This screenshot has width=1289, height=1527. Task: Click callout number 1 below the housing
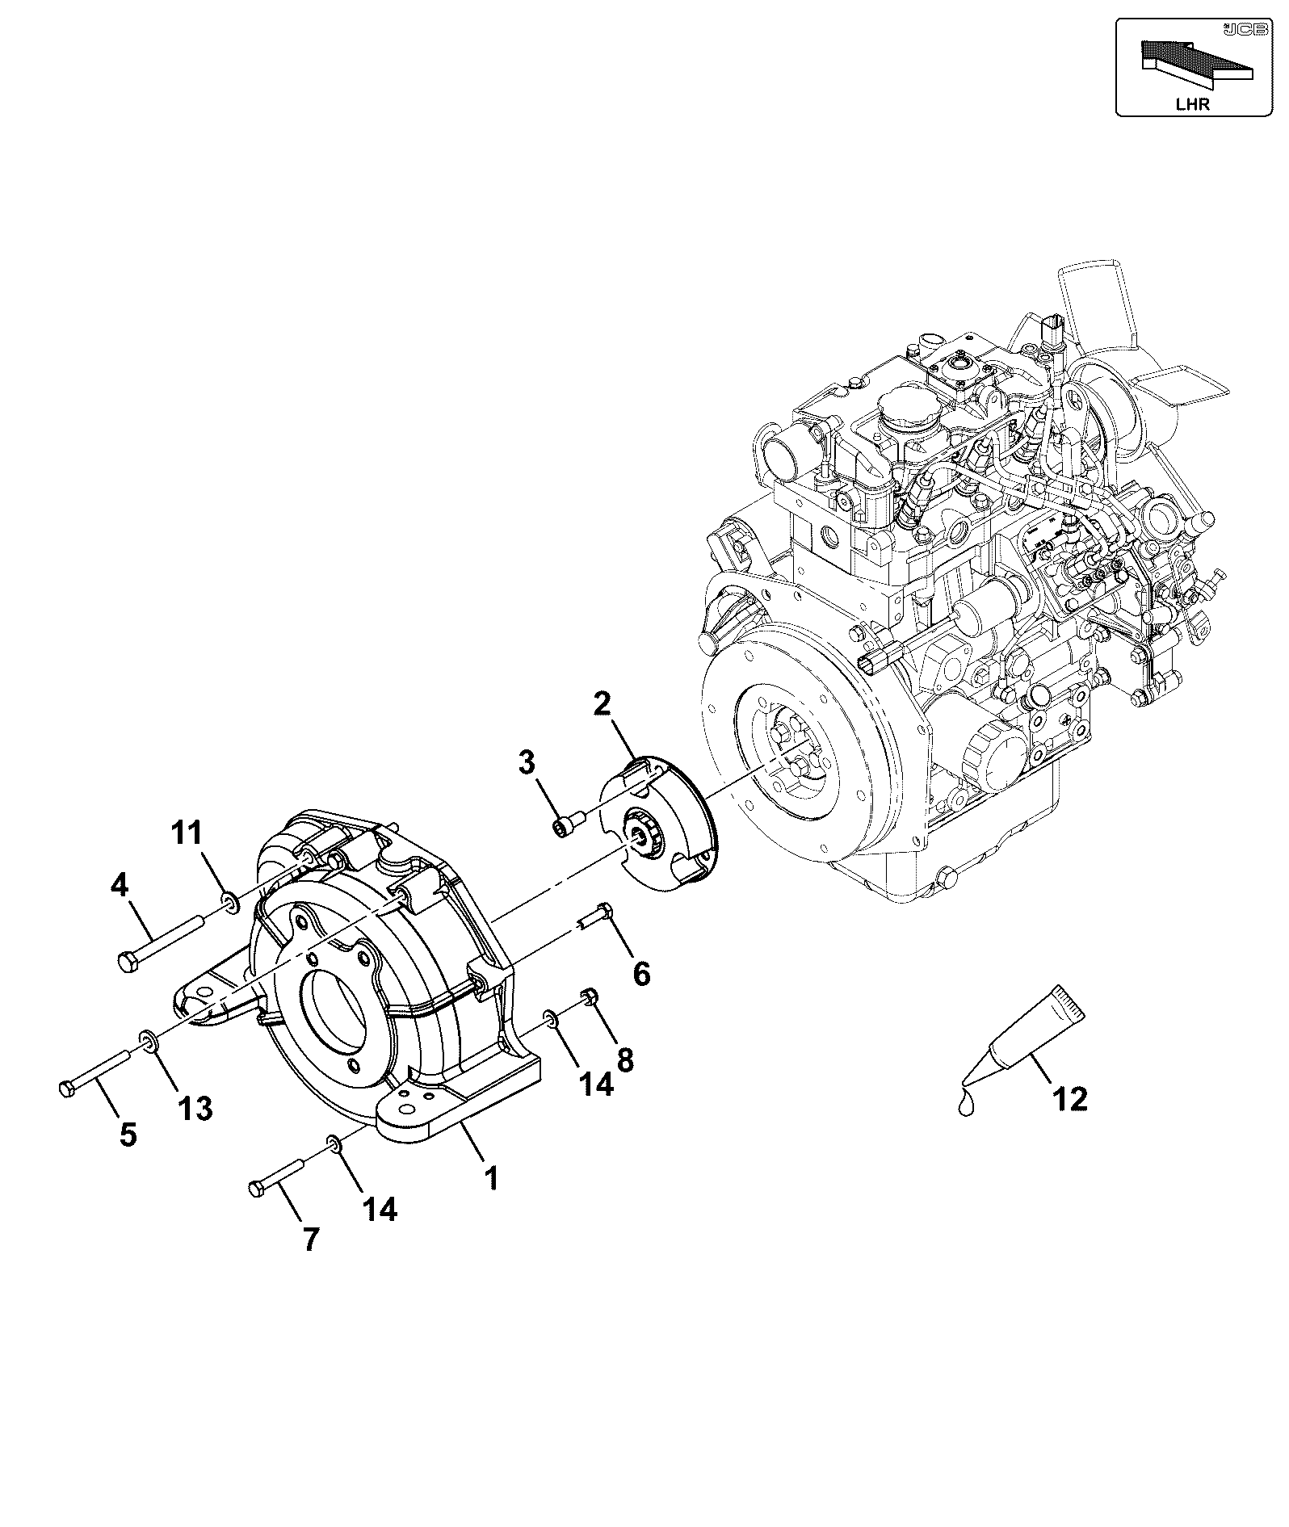[x=489, y=1177]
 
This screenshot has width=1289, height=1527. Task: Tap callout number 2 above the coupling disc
[x=603, y=703]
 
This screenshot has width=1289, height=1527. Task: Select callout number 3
[x=527, y=761]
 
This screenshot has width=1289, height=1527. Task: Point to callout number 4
[x=119, y=886]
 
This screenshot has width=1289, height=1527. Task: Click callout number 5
[x=128, y=1135]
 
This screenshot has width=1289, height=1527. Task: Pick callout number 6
[x=640, y=973]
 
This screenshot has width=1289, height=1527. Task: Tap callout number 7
[x=311, y=1261]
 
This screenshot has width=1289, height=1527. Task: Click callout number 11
[x=188, y=833]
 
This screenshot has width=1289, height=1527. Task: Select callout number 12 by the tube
[x=1069, y=1098]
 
